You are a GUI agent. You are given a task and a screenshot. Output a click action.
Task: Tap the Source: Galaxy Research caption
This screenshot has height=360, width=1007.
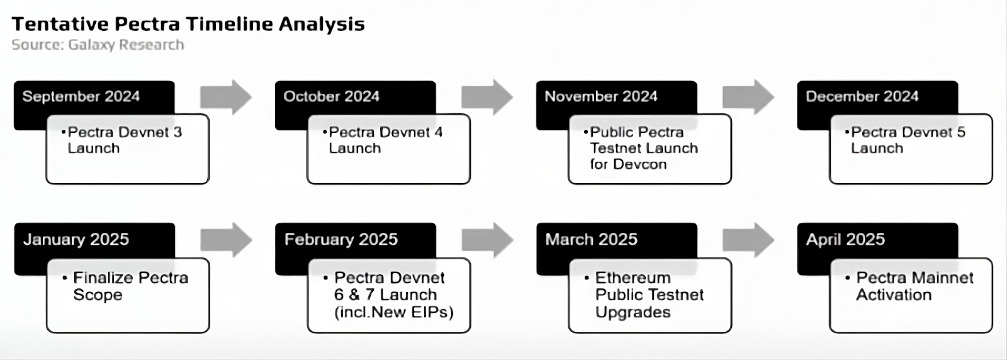pyautogui.click(x=98, y=45)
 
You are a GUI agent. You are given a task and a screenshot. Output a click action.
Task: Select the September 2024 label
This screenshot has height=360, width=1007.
pyautogui.click(x=81, y=97)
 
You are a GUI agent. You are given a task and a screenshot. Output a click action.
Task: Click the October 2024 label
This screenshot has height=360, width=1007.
pyautogui.click(x=331, y=97)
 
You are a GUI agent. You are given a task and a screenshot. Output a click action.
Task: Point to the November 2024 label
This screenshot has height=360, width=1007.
pyautogui.click(x=601, y=97)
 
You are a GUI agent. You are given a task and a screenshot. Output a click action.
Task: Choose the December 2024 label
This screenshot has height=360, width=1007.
pyautogui.click(x=862, y=97)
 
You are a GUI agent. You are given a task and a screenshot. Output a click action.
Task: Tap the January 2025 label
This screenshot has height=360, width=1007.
pyautogui.click(x=76, y=240)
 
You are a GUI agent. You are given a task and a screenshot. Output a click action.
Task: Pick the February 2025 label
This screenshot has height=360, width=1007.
pyautogui.click(x=340, y=240)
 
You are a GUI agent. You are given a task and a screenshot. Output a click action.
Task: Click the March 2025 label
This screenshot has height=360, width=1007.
pyautogui.click(x=591, y=240)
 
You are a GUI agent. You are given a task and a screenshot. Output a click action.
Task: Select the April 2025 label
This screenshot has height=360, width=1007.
pyautogui.click(x=845, y=240)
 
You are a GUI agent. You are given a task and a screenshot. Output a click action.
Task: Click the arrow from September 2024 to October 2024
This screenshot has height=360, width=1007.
pyautogui.click(x=226, y=97)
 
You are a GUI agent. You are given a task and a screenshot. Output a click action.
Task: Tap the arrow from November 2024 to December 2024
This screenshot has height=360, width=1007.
pyautogui.click(x=748, y=97)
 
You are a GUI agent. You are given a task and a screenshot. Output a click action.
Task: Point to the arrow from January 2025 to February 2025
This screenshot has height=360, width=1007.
pyautogui.click(x=226, y=240)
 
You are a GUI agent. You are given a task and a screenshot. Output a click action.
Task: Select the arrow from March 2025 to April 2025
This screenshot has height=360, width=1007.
pyautogui.click(x=748, y=240)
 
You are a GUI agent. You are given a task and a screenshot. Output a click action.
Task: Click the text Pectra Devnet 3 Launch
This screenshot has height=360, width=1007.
pyautogui.click(x=125, y=140)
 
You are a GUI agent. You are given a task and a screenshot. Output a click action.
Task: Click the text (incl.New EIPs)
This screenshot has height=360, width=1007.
pyautogui.click(x=394, y=312)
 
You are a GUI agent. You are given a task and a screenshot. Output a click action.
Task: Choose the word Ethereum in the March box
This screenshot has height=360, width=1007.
pyautogui.click(x=633, y=278)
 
